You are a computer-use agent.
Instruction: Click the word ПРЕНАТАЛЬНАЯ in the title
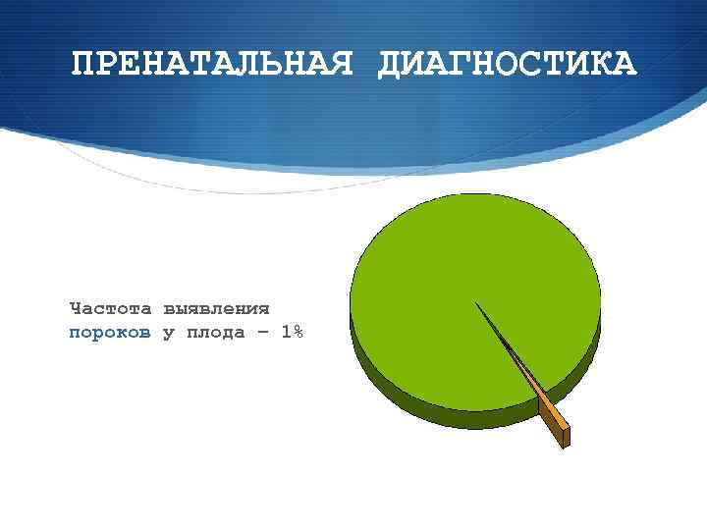[x=211, y=65]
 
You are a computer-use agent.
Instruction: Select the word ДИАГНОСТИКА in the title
[x=507, y=65]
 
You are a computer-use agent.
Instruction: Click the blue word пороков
[x=110, y=333]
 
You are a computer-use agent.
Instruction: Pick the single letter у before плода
[x=168, y=333]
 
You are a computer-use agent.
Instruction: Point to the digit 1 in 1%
[x=285, y=332]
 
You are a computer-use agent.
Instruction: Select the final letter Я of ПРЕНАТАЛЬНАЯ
[x=339, y=65]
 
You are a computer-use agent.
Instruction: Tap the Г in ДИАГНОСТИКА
[x=462, y=65]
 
